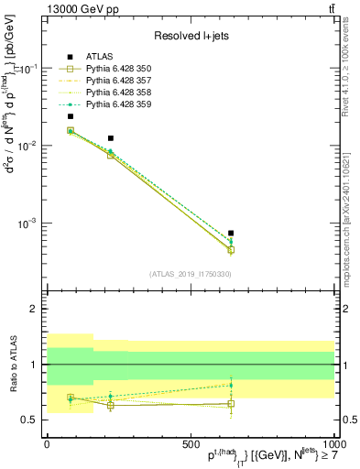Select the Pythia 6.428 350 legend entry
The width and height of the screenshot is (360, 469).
113,69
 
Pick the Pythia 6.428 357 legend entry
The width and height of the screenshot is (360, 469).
113,81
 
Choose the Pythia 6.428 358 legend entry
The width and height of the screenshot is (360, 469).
113,93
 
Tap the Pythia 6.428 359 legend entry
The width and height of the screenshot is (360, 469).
113,104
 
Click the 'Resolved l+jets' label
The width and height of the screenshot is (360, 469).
191,36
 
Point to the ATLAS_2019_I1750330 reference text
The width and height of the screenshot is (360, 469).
191,274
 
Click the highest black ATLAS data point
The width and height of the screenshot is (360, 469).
71,116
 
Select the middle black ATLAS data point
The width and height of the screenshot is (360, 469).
111,138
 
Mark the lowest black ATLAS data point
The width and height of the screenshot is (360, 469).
231,233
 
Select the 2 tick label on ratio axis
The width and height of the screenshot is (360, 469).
35,310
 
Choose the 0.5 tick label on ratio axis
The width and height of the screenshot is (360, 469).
31,420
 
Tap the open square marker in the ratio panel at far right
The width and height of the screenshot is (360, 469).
231,403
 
